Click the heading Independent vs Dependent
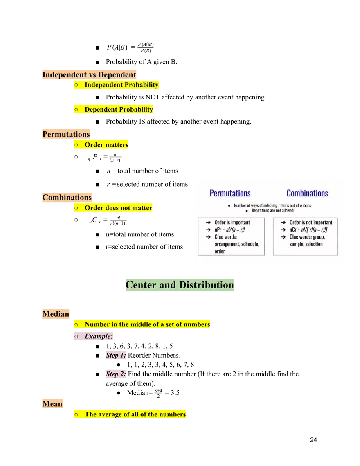click(89, 75)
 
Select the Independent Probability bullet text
click(121, 85)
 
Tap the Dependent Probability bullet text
click(119, 110)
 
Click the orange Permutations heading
click(66, 134)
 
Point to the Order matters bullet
click(106, 145)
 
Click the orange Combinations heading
click(67, 198)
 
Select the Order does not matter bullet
click(118, 208)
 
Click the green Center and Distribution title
click(180, 285)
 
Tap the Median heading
click(56, 314)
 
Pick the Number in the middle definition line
click(147, 324)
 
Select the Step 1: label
click(116, 355)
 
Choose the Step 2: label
click(116, 374)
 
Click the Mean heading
click(52, 404)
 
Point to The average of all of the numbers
click(135, 414)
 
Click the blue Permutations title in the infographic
click(230, 193)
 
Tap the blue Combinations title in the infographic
click(307, 193)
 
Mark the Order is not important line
click(310, 222)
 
